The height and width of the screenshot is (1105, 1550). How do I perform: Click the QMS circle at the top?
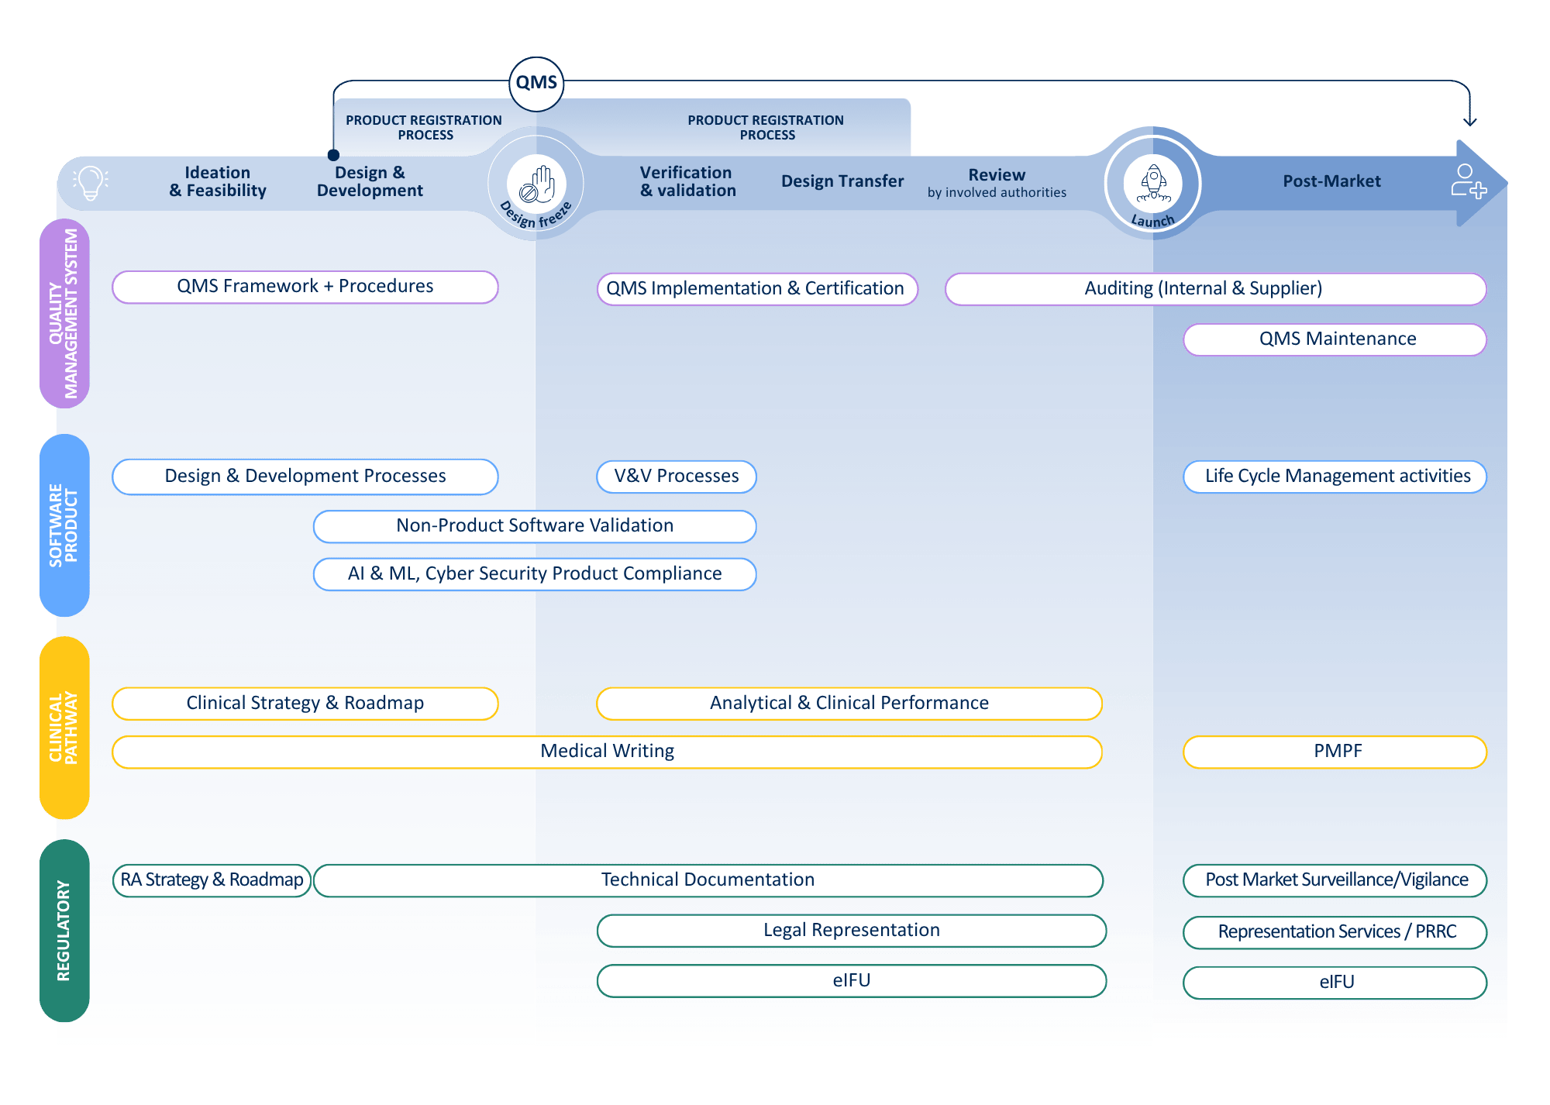click(536, 83)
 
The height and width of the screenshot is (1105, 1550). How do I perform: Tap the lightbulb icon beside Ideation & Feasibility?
click(91, 183)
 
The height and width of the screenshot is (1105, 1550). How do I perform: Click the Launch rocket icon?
click(1153, 183)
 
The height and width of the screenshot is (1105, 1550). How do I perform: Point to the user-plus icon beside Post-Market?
click(1468, 181)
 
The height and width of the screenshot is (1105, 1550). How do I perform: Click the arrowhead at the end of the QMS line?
click(1469, 122)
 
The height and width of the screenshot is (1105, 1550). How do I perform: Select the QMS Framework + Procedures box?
click(305, 287)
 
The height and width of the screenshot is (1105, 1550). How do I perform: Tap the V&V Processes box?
click(676, 476)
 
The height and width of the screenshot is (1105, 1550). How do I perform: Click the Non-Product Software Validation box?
click(534, 526)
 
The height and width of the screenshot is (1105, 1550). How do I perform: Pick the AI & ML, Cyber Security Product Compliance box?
click(534, 574)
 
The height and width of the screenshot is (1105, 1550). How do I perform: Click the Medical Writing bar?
click(607, 752)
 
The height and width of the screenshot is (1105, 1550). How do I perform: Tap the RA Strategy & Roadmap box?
click(212, 880)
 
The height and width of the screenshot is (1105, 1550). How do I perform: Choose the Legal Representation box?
click(851, 931)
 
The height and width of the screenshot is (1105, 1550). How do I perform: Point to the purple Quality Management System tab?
click(64, 313)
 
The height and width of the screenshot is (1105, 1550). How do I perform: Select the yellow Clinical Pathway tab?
click(64, 728)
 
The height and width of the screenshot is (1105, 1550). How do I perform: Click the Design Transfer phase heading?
click(842, 181)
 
